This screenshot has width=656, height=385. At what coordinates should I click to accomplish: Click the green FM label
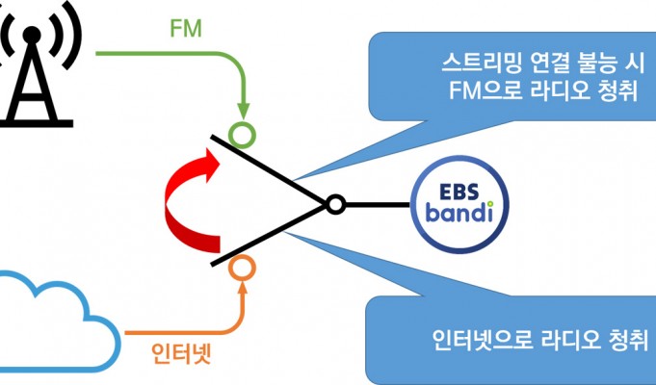tap(186, 29)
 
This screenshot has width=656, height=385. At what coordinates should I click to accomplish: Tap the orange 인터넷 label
tap(181, 353)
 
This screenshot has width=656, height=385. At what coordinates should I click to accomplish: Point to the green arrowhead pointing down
tap(243, 112)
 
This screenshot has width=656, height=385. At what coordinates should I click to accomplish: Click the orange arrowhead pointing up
tap(243, 288)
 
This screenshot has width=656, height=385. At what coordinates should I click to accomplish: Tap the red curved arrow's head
tap(211, 166)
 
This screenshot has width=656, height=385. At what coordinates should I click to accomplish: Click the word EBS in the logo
tap(459, 192)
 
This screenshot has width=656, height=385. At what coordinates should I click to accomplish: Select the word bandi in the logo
tap(459, 212)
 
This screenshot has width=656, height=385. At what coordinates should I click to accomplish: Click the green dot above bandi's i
tap(489, 204)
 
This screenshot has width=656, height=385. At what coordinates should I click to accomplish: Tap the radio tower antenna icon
tap(35, 63)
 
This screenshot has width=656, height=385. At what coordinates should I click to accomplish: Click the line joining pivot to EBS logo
tap(378, 205)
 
